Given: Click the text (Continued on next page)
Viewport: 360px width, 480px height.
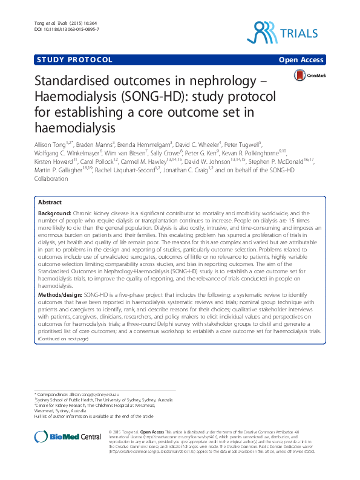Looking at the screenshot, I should coord(63,373).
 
